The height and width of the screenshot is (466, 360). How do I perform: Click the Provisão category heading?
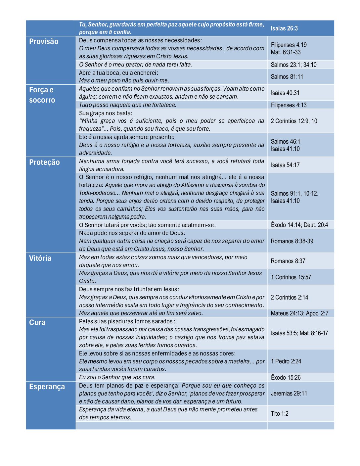[44, 42]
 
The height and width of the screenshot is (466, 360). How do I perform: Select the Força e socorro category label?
[42, 95]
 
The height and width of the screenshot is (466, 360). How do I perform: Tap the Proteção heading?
[44, 163]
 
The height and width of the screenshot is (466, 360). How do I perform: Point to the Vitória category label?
[40, 258]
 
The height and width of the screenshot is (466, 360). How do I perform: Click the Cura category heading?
[37, 323]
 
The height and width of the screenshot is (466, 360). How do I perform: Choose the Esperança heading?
[47, 387]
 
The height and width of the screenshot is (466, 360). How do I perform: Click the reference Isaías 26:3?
[284, 28]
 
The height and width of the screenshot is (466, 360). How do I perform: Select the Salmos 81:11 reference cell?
[287, 77]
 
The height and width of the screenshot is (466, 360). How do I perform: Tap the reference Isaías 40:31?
[285, 93]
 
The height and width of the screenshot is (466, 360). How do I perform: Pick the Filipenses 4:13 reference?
[289, 105]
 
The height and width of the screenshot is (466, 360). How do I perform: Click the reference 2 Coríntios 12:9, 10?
[294, 121]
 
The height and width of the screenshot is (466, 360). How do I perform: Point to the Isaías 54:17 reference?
[285, 165]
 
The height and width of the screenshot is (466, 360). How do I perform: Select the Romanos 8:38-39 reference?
[292, 241]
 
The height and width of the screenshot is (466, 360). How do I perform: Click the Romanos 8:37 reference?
[288, 261]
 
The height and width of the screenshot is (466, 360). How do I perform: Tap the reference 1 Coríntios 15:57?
[291, 277]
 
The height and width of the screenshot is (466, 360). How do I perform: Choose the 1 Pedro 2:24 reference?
[286, 361]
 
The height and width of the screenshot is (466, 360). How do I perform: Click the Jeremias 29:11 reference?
[289, 394]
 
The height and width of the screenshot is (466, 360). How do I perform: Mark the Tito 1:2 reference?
[280, 414]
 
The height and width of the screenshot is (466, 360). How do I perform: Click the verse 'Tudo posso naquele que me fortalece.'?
[128, 105]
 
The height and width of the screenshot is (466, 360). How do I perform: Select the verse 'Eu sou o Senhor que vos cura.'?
[117, 378]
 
